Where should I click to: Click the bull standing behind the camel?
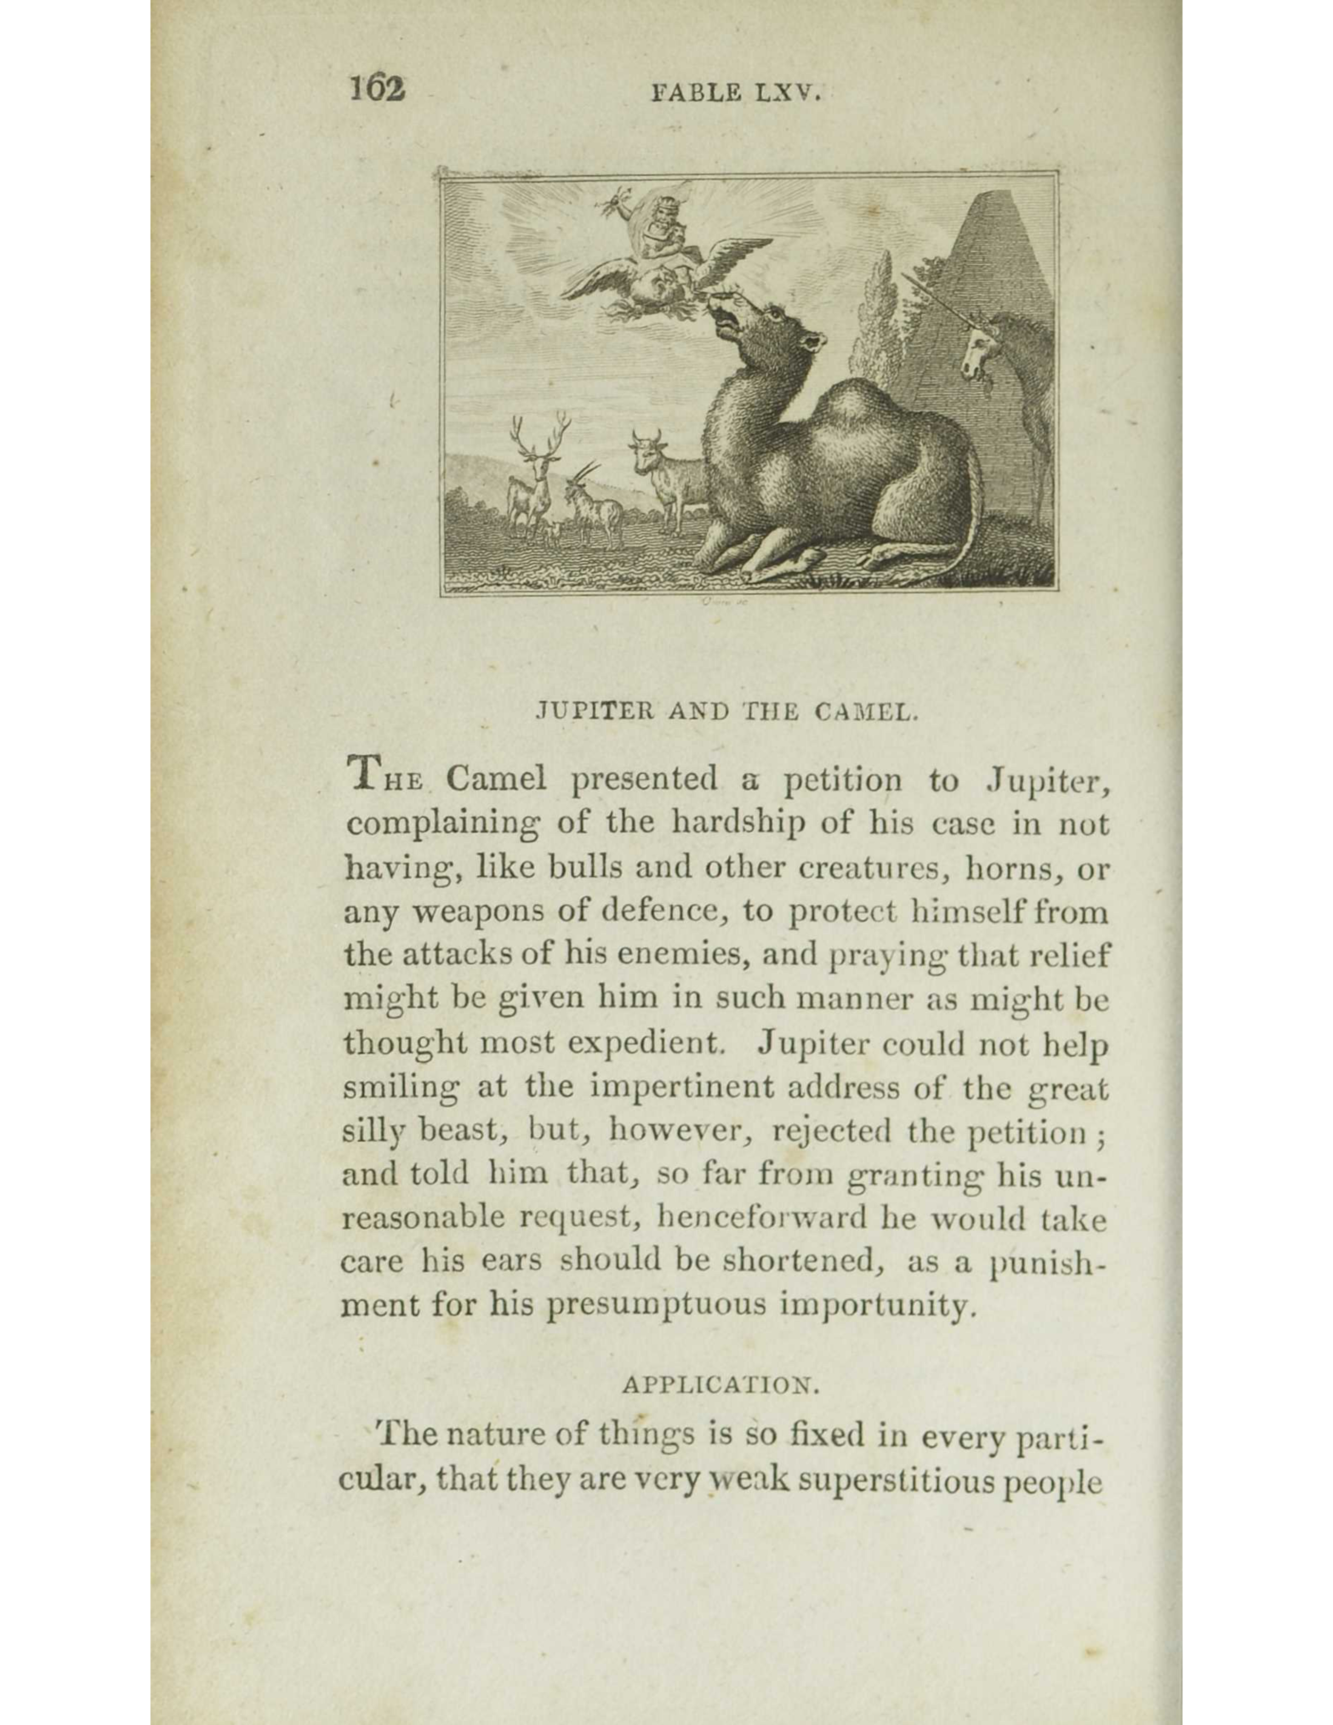[663, 474]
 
